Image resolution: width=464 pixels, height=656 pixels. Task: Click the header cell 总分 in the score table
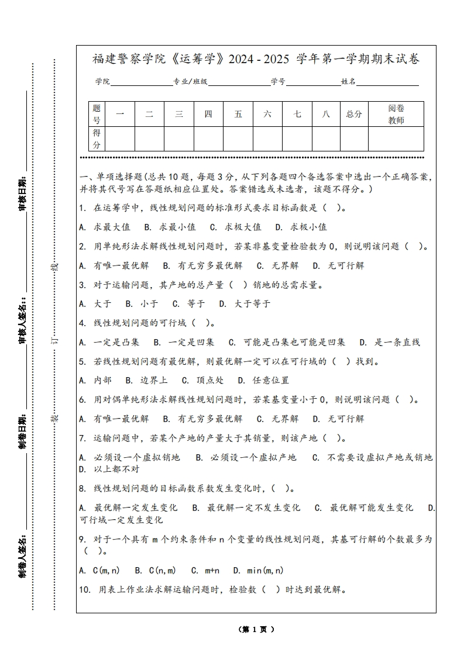354,114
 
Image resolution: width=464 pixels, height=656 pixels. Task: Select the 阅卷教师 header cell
396,114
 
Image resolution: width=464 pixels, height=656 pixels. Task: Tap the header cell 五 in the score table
238,114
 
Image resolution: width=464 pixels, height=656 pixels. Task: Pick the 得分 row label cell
97,139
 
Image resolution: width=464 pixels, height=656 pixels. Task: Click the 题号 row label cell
97,114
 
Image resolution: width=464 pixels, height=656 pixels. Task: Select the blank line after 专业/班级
238,82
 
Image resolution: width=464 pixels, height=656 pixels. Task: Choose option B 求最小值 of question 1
170,227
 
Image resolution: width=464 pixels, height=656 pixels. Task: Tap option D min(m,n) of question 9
258,570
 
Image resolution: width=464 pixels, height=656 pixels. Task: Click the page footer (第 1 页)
256,629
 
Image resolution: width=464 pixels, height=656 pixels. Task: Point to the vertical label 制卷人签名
22,554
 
